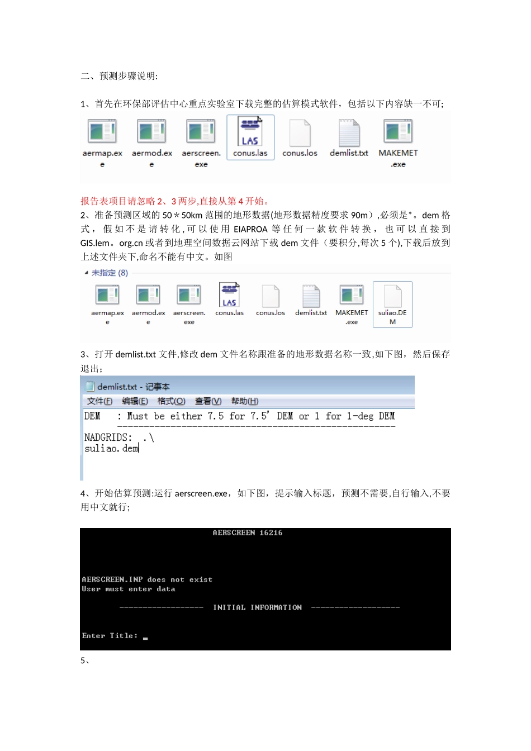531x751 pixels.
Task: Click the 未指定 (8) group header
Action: coord(110,273)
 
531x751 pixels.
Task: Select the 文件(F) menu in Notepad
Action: coord(99,401)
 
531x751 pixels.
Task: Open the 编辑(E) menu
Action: coord(135,401)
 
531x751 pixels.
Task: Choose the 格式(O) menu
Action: coord(171,401)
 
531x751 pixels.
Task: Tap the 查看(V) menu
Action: coord(208,401)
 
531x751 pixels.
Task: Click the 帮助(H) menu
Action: coord(244,401)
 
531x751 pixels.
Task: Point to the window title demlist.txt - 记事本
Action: coord(133,387)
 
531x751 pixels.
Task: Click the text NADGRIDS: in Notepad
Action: coord(108,438)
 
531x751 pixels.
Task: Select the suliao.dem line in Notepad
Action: coord(111,449)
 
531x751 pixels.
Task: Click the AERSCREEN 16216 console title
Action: coord(247,533)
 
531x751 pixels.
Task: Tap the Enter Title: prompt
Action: coord(110,636)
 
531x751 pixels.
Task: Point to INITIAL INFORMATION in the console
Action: coord(257,607)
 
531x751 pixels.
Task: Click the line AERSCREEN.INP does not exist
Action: coord(147,580)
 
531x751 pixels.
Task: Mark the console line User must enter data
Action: coord(129,589)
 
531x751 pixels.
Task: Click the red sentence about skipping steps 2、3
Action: coord(176,201)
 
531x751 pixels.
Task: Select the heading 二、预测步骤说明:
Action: coord(119,76)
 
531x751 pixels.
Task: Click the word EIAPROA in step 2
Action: coord(250,229)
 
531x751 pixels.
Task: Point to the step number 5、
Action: coord(85,660)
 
